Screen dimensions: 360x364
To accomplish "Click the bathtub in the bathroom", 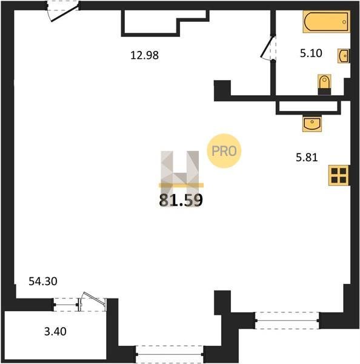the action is tap(326, 21).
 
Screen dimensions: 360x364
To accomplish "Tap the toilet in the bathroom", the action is tap(324, 84).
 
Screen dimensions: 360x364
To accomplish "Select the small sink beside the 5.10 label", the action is tap(344, 56).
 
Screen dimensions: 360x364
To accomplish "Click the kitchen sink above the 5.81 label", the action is tap(312, 124).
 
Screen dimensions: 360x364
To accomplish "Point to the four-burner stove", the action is tap(339, 175).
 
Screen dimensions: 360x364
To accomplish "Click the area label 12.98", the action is tap(144, 55).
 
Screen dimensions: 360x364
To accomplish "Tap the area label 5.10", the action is tap(311, 53).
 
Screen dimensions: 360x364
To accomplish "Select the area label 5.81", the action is tap(307, 157).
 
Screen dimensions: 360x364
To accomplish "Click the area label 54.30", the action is tap(43, 281).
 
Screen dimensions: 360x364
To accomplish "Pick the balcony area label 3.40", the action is tap(55, 331).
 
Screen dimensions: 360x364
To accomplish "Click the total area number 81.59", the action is tap(181, 200).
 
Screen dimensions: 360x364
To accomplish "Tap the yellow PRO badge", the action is tap(224, 151).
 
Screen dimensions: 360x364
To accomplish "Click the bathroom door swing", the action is tap(268, 47).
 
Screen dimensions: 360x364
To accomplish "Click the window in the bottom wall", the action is tap(170, 354).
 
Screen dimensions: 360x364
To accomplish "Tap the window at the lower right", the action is tap(287, 320).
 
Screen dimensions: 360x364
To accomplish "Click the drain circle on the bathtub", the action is tap(344, 22).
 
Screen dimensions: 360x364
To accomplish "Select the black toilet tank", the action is tap(324, 91).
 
